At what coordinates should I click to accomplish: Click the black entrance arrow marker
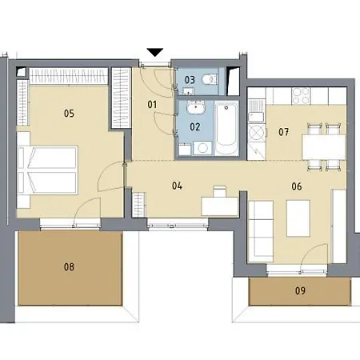point(155,52)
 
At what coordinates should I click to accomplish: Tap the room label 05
point(69,114)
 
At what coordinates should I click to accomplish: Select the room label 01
point(152,105)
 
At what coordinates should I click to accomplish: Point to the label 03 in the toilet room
point(190,80)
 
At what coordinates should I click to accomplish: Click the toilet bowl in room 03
point(209,79)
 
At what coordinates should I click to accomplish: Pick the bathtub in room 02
point(226,128)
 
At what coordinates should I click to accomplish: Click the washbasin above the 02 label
point(196,107)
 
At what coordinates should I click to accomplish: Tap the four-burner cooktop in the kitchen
point(301,95)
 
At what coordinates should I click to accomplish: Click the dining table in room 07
point(324,147)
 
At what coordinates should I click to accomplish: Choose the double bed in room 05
point(47,170)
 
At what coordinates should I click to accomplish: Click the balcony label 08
point(69,266)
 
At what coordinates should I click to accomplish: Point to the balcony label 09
point(300,290)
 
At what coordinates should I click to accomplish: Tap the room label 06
point(297,186)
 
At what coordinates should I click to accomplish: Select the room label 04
point(177,186)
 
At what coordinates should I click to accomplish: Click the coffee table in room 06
point(298,218)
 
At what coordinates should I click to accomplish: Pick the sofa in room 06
point(261,231)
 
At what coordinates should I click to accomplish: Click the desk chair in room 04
point(220,191)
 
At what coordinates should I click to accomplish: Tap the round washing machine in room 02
point(202,148)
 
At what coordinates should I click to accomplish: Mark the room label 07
point(283,132)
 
